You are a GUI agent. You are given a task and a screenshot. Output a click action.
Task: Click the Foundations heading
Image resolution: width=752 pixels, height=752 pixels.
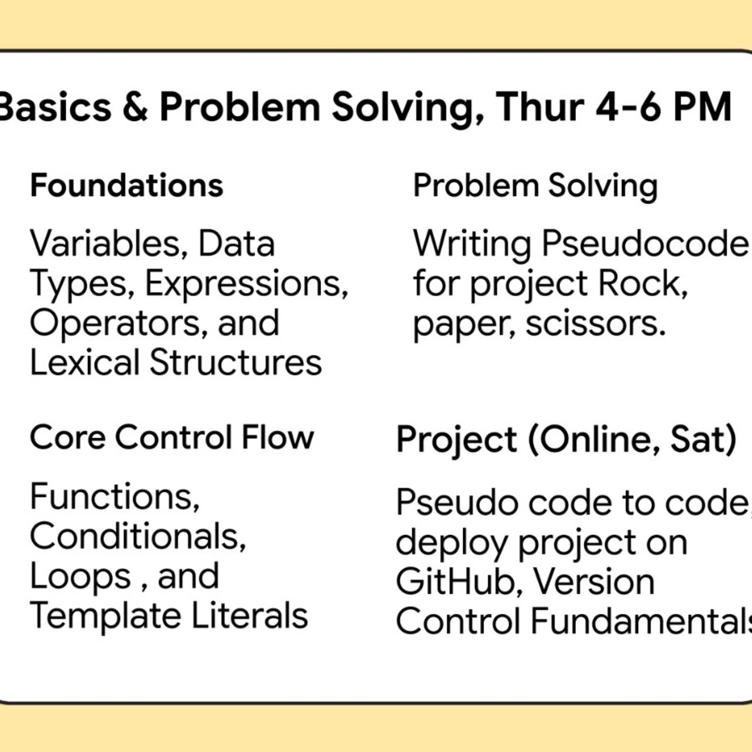(127, 186)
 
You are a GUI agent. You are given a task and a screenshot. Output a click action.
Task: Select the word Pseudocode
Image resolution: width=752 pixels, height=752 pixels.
(644, 244)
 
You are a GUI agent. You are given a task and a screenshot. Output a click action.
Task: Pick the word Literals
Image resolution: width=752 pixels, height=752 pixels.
(250, 616)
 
